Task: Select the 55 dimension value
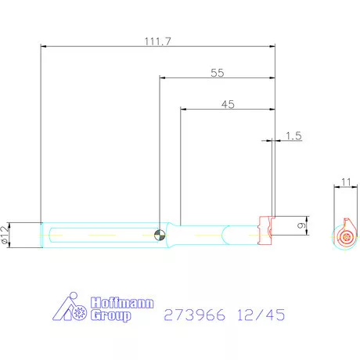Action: pyautogui.click(x=218, y=72)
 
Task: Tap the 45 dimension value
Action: pyautogui.click(x=228, y=103)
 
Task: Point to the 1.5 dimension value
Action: pyautogui.click(x=293, y=136)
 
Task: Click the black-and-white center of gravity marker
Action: pyautogui.click(x=160, y=234)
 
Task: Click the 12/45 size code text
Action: pyautogui.click(x=262, y=315)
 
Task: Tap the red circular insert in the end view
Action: pyautogui.click(x=346, y=237)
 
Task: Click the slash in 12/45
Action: pyautogui.click(x=262, y=315)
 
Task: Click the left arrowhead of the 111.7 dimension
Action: pyautogui.click(x=43, y=47)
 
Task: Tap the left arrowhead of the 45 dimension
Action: pyautogui.click(x=183, y=110)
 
